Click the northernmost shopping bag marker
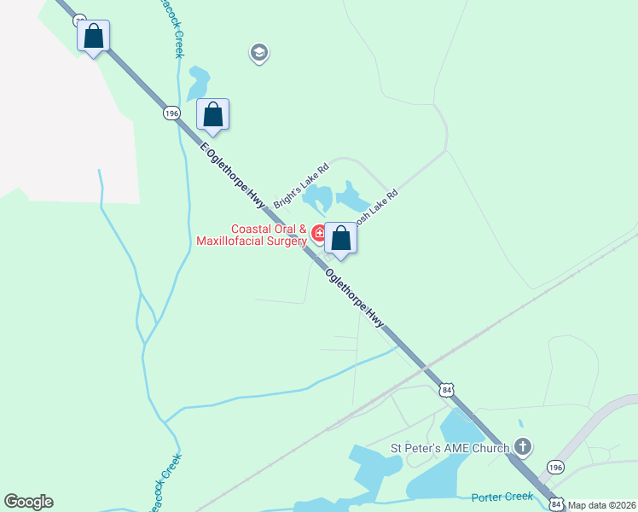[94, 37]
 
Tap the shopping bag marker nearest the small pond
[212, 115]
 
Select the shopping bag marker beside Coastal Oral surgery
[340, 239]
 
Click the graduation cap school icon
[258, 54]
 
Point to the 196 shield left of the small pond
[172, 113]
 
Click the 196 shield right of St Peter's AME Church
[555, 468]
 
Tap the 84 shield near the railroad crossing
[448, 390]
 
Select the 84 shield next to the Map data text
[555, 503]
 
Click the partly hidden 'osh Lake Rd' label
[376, 207]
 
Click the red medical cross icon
[319, 233]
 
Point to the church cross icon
[523, 447]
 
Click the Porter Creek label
[502, 496]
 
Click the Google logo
[29, 502]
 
